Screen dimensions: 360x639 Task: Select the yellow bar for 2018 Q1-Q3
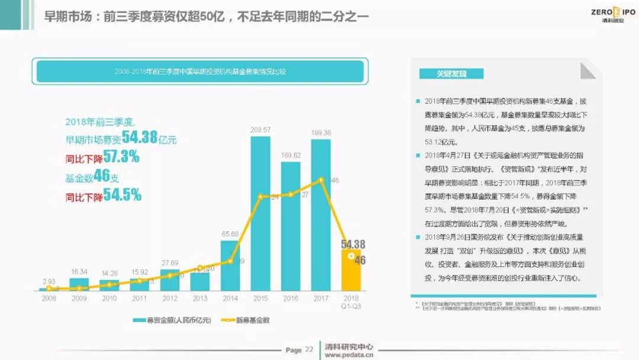click(351, 270)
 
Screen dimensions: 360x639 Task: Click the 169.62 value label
click(291, 156)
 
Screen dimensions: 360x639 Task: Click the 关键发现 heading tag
click(451, 74)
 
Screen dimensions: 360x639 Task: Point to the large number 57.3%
click(121, 157)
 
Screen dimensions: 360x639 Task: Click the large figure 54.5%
click(122, 195)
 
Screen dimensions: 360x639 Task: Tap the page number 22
click(309, 349)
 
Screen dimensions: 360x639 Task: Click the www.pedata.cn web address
click(349, 355)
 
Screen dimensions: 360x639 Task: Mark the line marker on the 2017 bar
click(321, 179)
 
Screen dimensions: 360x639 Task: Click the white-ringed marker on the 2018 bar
click(351, 256)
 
